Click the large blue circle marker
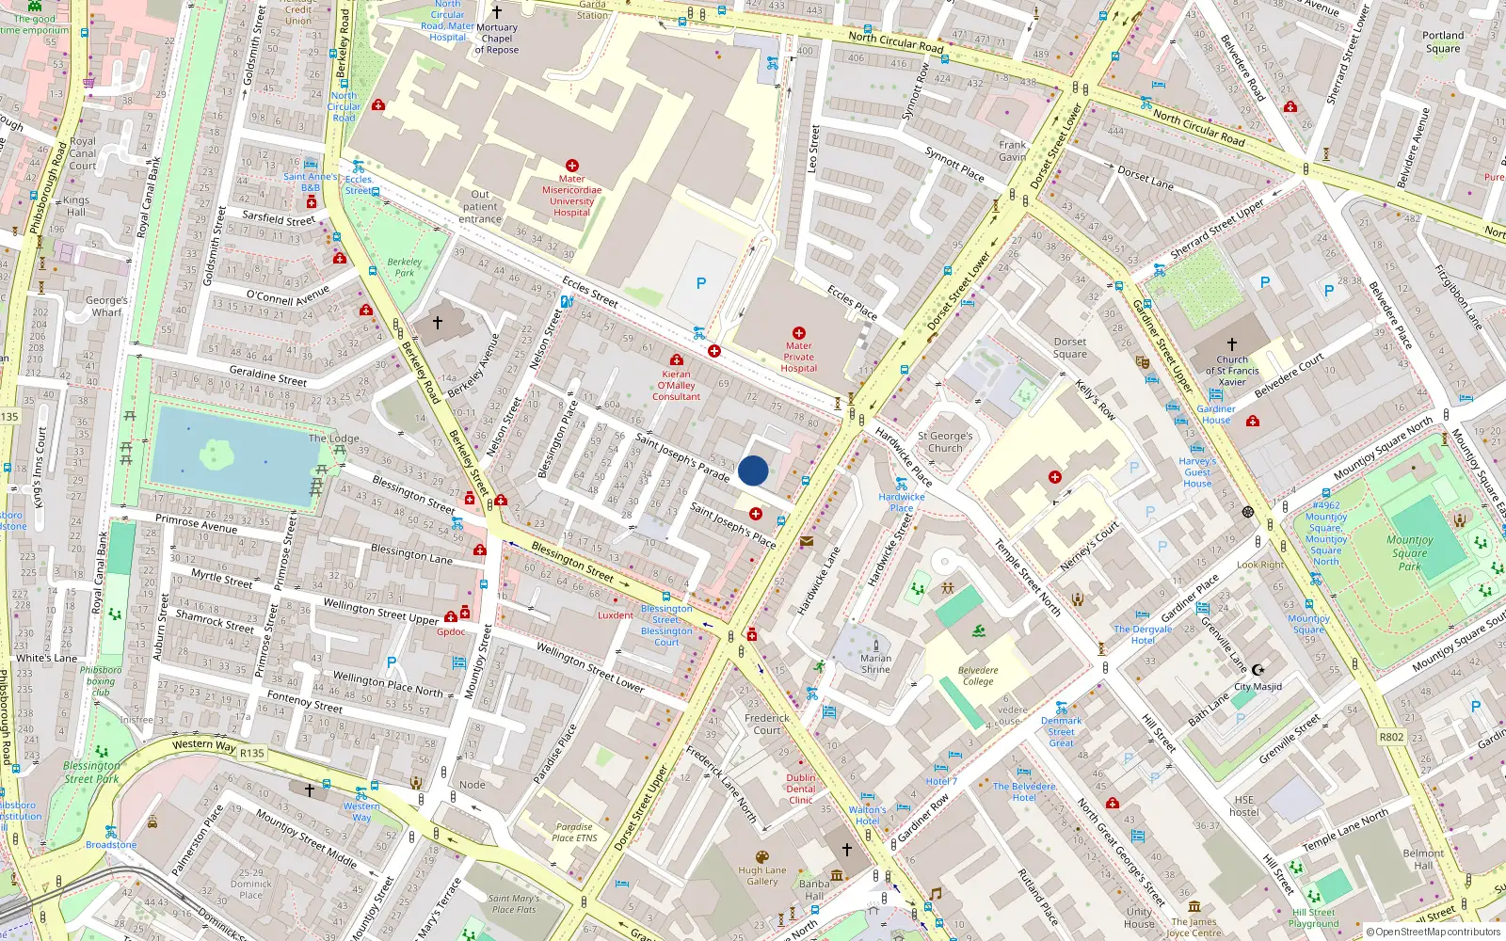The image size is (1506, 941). (753, 470)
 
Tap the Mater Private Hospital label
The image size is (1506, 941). (798, 358)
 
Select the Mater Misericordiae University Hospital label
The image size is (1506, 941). (571, 196)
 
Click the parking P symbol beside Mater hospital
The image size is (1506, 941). (700, 283)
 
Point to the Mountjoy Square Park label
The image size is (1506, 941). (1409, 553)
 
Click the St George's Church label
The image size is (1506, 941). (945, 442)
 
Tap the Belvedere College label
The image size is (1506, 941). (978, 676)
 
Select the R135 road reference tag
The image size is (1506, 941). (252, 753)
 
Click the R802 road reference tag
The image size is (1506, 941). (1391, 737)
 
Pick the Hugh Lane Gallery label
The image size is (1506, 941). (762, 876)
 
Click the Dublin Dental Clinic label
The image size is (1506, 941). (801, 789)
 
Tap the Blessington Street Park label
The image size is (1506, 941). (90, 773)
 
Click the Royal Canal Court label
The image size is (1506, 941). (83, 153)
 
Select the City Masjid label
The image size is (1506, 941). (1258, 686)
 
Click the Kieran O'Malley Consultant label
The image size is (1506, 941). (676, 386)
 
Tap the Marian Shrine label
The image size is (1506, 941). (875, 663)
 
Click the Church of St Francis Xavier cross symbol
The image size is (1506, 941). (1232, 345)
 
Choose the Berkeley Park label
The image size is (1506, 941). (405, 267)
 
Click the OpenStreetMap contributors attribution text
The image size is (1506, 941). (1434, 933)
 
